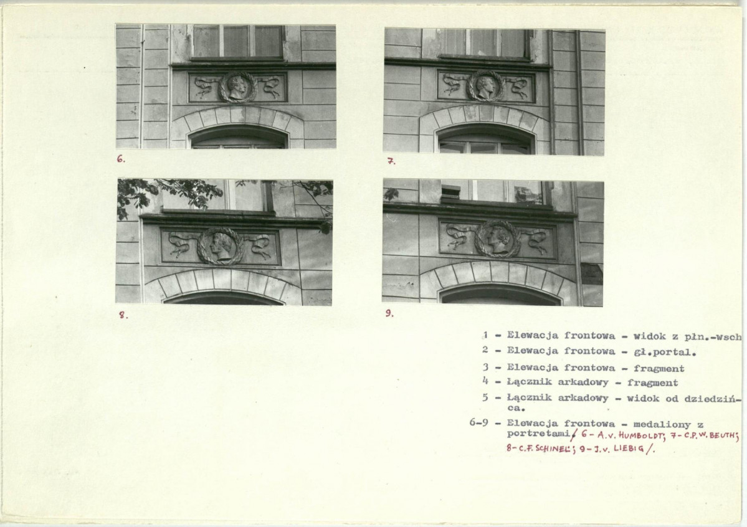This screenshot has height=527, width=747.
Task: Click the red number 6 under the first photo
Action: (121, 159)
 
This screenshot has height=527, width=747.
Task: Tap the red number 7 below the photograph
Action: (391, 161)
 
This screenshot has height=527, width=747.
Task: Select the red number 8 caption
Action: (123, 315)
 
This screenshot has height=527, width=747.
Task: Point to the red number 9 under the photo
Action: (389, 313)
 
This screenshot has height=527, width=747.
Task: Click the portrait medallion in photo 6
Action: (238, 87)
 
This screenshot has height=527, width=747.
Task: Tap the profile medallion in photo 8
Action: (221, 245)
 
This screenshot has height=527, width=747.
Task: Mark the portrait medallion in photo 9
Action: (497, 239)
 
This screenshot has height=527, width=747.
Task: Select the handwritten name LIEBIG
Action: (627, 449)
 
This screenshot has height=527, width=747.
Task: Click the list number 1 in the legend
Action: (485, 336)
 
